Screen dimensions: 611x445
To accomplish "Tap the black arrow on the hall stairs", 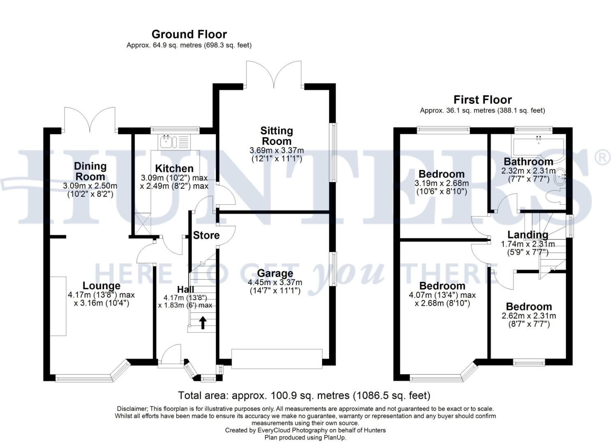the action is pos(202,323).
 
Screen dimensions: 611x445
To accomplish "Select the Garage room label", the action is pos(275,273).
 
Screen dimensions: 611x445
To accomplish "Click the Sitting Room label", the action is pos(276,136).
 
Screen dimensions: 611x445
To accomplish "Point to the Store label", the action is pos(206,235).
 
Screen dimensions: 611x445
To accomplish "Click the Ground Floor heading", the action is pos(189,35).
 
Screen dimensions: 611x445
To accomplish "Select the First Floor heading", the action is pos(483,100).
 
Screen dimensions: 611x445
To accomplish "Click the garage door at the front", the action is pos(276,358).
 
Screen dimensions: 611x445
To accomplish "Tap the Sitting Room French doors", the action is pos(274,74).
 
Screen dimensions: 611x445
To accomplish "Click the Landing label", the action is pos(527,235).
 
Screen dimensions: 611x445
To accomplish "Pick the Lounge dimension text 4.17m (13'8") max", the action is pos(101,295).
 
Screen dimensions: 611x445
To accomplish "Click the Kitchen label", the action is pos(174,168).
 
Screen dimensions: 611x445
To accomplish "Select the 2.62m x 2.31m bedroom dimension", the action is pos(529,316).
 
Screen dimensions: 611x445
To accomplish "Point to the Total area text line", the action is pos(304,395).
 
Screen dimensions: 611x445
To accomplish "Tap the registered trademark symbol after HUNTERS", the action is pos(602,158).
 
